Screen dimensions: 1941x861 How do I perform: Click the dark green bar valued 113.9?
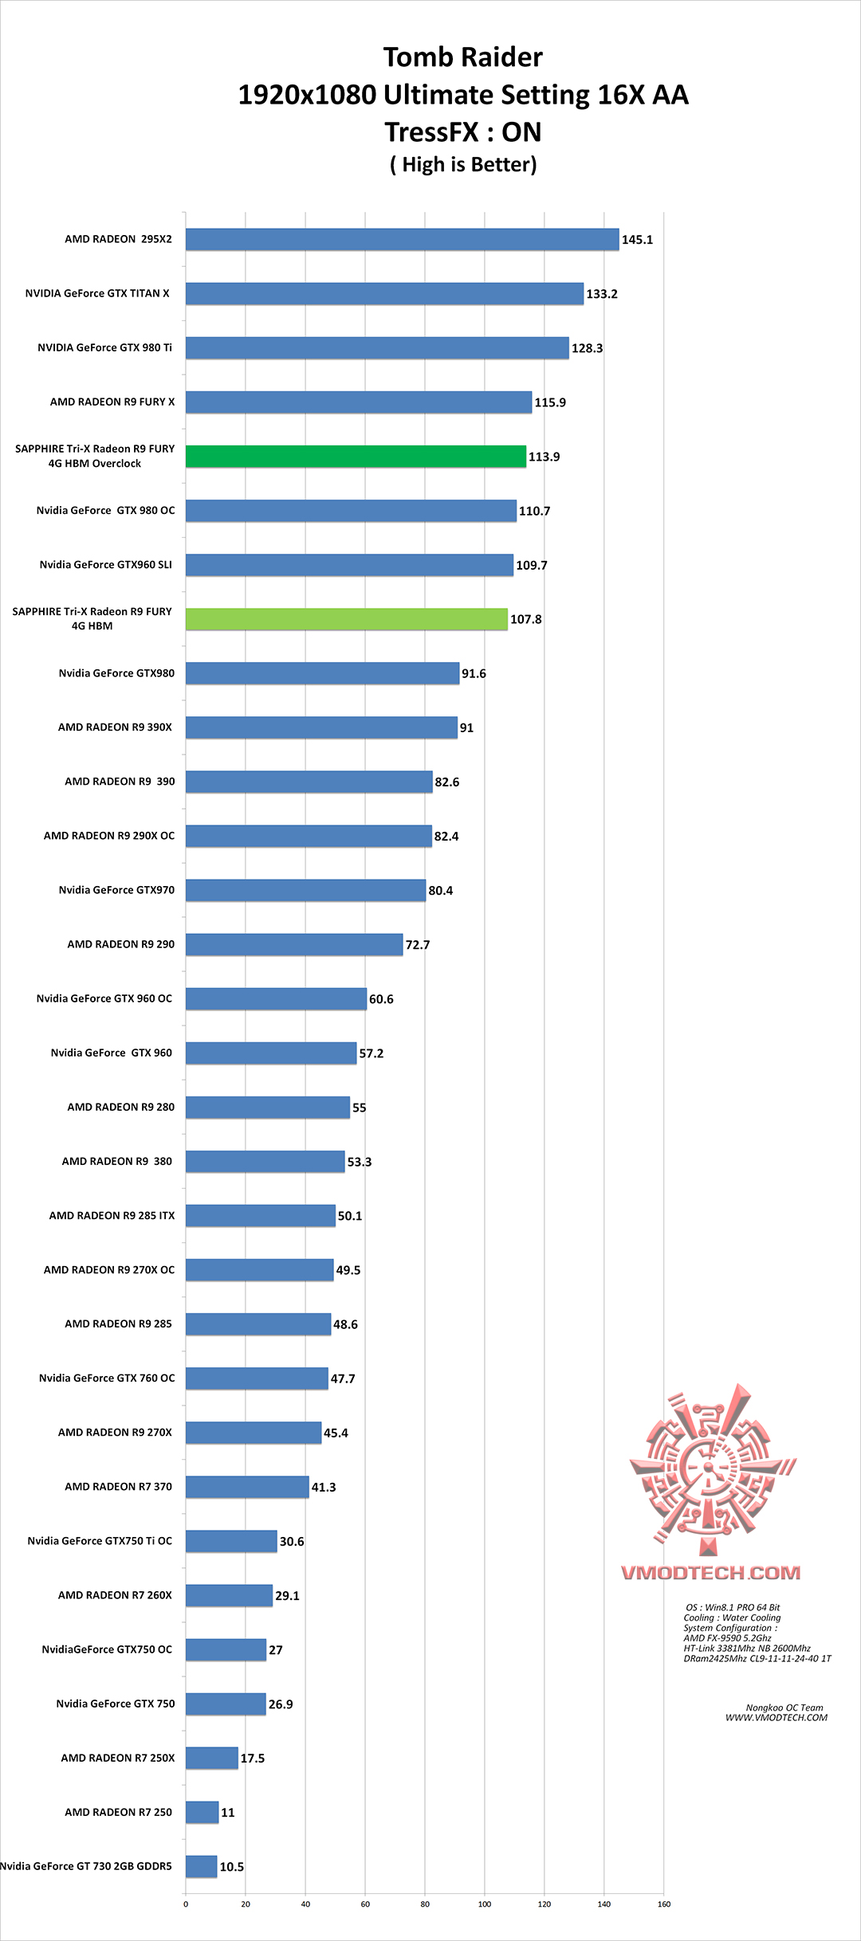tap(356, 457)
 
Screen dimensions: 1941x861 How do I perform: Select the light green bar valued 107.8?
tap(347, 619)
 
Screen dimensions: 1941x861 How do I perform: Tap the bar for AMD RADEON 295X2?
tap(402, 239)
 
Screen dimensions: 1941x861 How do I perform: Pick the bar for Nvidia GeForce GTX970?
tap(305, 890)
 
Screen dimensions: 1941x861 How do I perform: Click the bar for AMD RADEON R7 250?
tap(202, 1812)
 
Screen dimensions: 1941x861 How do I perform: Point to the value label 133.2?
tap(602, 294)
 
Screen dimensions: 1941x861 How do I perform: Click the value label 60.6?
tap(381, 999)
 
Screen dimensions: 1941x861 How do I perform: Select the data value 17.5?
tap(253, 1758)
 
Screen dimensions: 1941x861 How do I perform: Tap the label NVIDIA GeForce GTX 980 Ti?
tap(104, 347)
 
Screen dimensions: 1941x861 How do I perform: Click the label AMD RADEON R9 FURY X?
tap(112, 402)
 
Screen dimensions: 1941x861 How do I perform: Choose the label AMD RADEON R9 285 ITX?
tap(112, 1215)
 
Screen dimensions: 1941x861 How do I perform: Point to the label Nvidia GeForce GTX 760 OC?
tap(107, 1378)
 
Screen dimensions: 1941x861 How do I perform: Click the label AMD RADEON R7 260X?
tap(115, 1594)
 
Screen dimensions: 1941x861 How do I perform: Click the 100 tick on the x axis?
tap(485, 1904)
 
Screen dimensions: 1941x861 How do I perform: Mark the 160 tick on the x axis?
tap(664, 1904)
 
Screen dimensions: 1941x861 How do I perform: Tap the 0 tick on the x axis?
tap(186, 1904)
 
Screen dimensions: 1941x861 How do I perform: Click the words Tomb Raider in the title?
tap(462, 57)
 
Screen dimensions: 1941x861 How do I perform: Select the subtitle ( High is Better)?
tap(463, 164)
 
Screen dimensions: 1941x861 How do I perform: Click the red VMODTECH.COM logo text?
tap(710, 1572)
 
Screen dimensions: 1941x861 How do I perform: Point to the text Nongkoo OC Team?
tap(784, 1708)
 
